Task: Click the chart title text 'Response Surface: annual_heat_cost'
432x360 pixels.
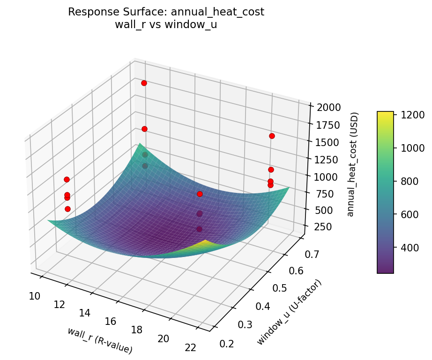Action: [x=166, y=12]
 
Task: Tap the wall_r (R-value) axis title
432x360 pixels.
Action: [x=99, y=340]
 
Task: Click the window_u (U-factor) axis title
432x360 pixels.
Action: [x=290, y=312]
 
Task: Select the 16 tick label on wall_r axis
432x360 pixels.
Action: [x=111, y=321]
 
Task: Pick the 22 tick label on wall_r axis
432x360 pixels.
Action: [x=191, y=347]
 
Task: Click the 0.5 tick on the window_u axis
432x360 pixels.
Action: [x=280, y=288]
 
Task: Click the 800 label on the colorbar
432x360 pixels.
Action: [x=411, y=181]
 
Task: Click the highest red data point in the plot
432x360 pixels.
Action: [x=144, y=83]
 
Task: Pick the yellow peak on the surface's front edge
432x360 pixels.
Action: [x=205, y=242]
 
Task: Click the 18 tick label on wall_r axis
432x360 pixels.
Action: [x=137, y=330]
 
